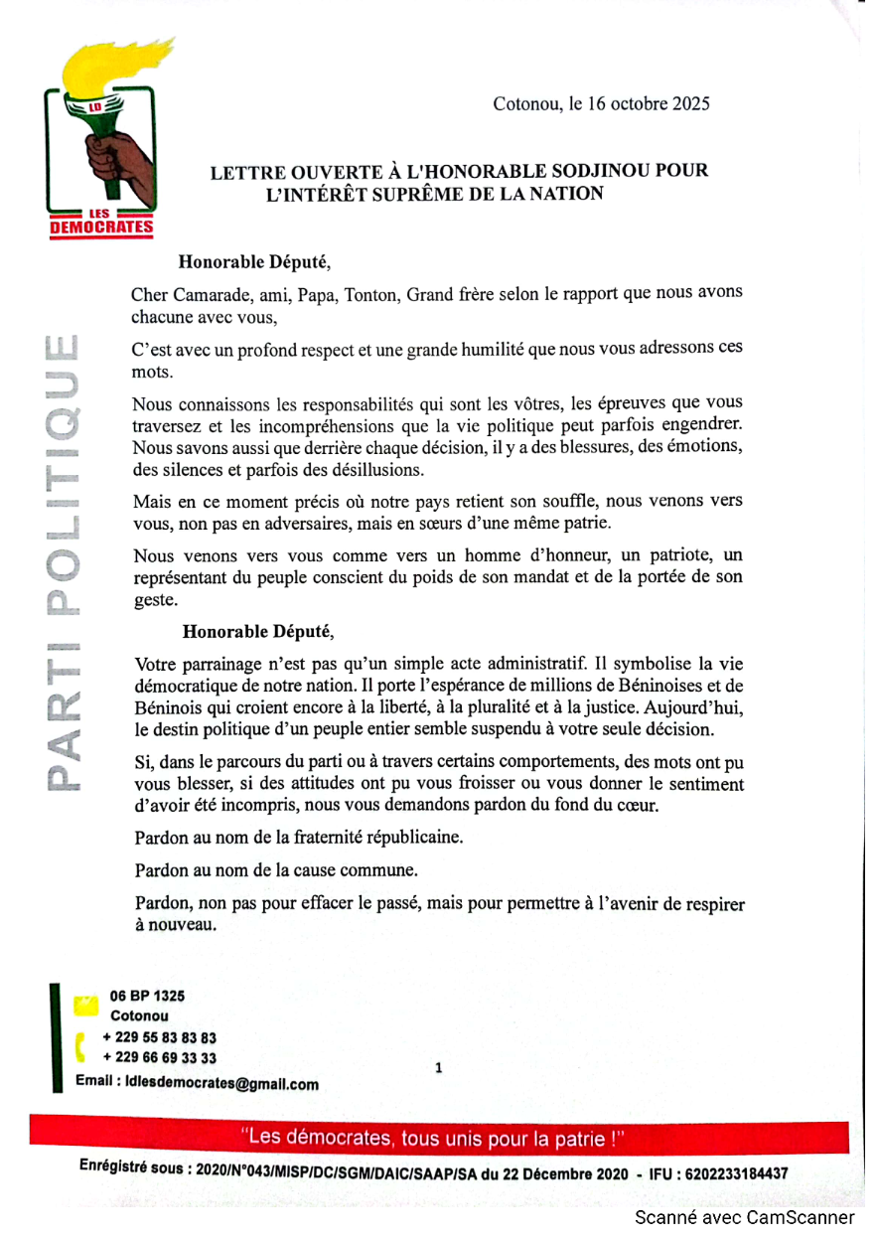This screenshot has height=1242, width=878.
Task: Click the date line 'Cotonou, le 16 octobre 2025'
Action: [601, 103]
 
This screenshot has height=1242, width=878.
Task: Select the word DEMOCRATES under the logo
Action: [101, 229]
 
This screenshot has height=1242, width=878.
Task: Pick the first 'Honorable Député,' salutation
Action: [253, 262]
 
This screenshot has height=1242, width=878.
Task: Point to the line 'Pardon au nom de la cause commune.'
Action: [261, 870]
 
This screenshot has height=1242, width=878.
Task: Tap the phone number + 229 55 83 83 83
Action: [159, 1037]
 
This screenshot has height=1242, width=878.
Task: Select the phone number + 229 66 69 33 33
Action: [159, 1058]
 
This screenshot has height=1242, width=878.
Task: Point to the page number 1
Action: [438, 1069]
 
